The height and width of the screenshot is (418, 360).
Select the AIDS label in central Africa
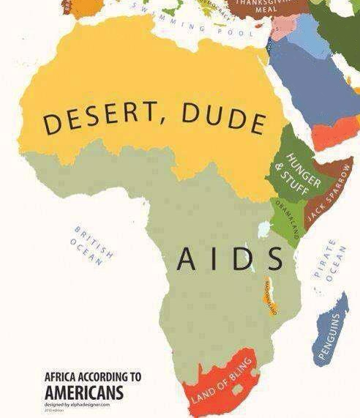pyautogui.click(x=230, y=258)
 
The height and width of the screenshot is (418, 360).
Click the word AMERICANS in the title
pyautogui.click(x=84, y=392)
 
